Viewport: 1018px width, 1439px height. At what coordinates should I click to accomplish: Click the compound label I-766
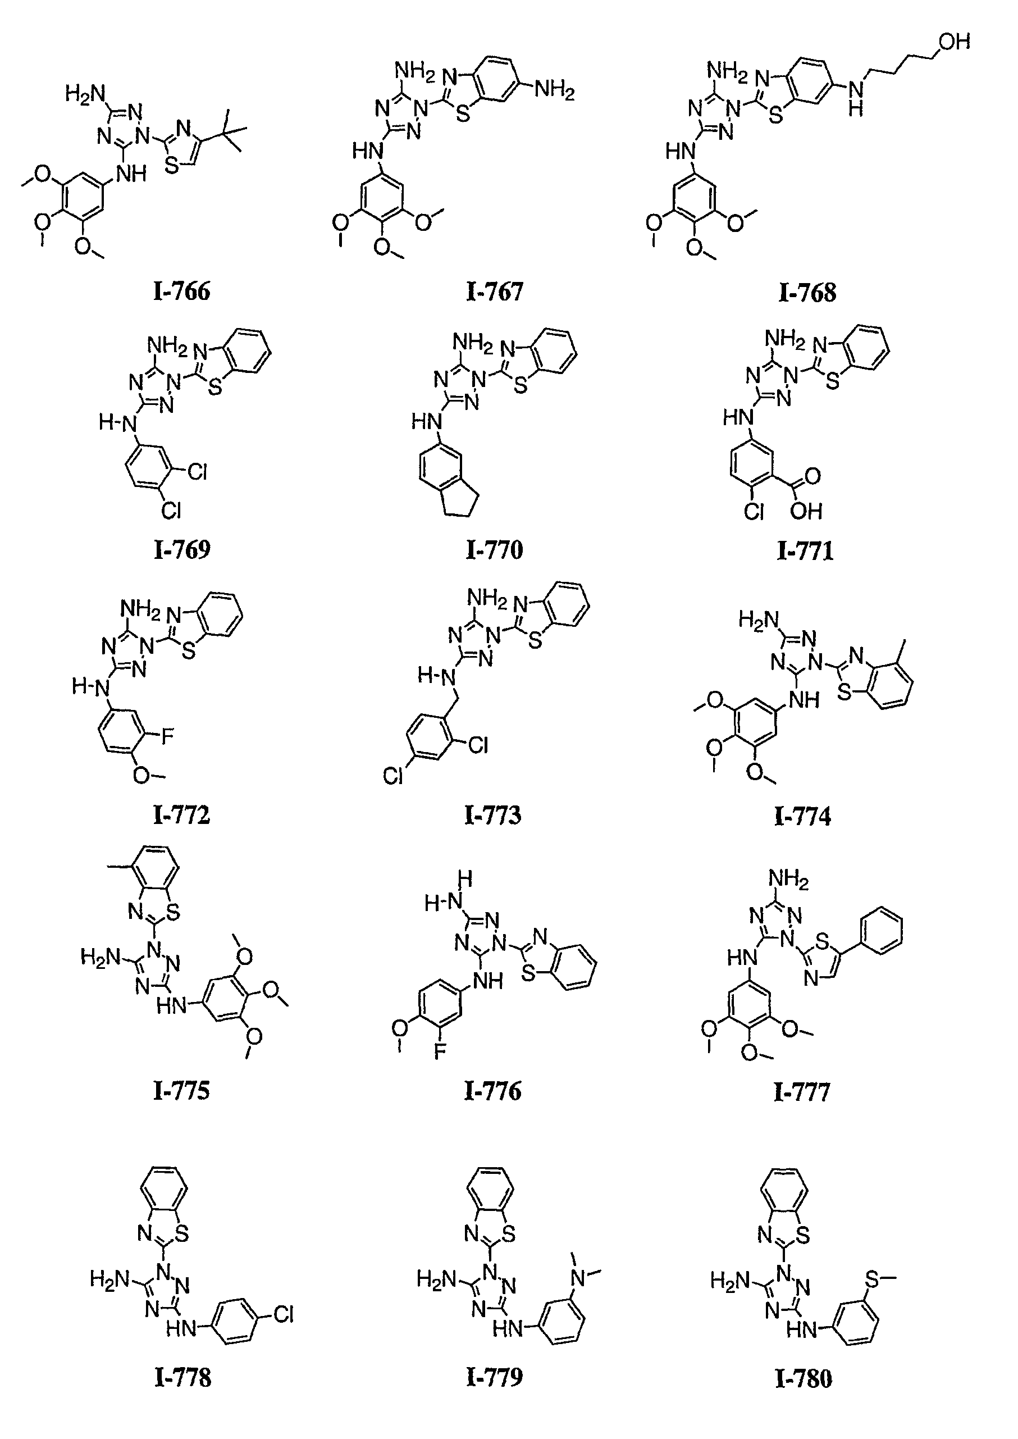point(182,292)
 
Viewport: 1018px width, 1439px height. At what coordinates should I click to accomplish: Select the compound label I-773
point(492,815)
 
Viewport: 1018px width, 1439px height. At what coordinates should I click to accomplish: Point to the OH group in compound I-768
point(954,42)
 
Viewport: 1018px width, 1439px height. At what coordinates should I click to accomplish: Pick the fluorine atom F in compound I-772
point(167,737)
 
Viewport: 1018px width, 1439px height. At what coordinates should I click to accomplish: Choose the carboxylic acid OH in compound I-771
point(806,512)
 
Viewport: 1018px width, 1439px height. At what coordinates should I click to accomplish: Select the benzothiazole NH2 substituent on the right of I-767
point(554,92)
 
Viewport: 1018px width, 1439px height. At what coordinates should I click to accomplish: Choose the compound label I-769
point(182,550)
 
